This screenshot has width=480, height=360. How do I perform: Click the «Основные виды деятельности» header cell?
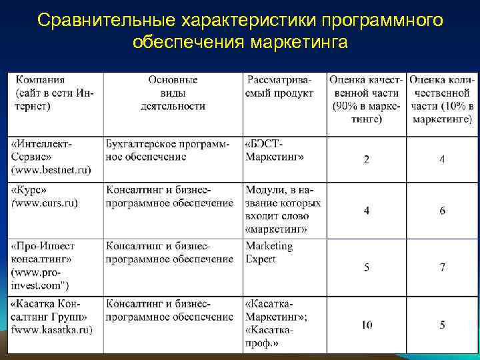click(x=173, y=92)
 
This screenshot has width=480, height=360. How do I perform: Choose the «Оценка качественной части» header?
click(x=366, y=99)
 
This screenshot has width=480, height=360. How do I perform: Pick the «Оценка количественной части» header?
click(x=442, y=99)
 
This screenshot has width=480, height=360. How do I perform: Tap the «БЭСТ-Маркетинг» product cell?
click(x=274, y=151)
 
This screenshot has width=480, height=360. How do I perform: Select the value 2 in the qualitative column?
click(x=366, y=159)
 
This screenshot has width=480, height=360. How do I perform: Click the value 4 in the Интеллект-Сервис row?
click(x=442, y=159)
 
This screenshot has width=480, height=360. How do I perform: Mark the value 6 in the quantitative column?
click(x=442, y=211)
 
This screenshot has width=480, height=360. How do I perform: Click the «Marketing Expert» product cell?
click(x=269, y=253)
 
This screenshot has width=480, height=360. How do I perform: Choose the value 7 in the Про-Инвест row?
click(x=442, y=267)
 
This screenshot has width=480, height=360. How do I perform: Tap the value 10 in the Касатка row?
click(x=367, y=325)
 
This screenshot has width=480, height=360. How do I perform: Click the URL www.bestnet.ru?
click(x=51, y=171)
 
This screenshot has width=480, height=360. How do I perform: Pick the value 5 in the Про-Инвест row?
click(x=366, y=267)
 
